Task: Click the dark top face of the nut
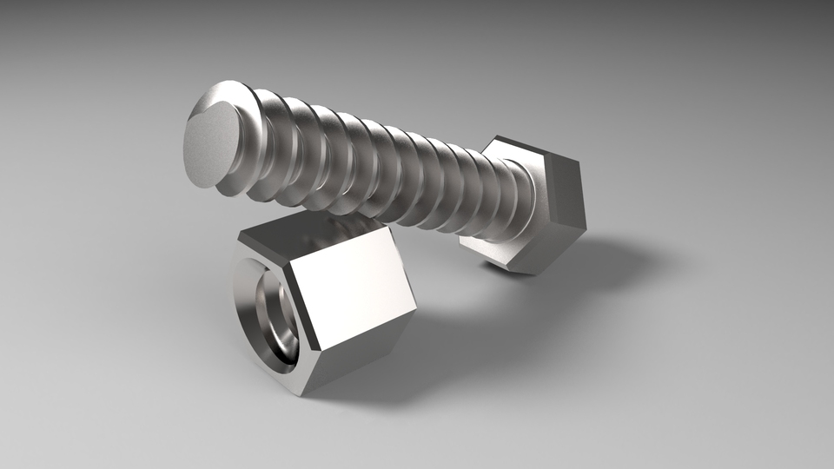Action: point(313,231)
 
